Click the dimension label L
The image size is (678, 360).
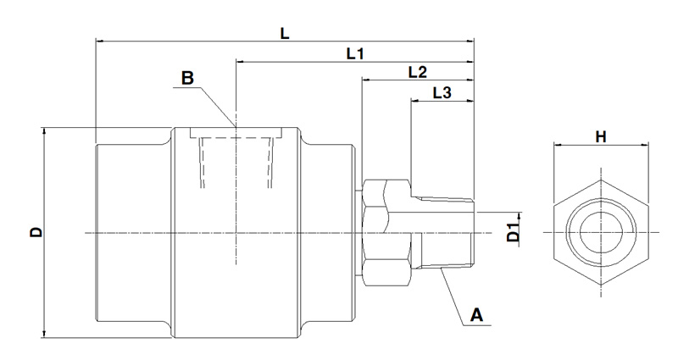click(285, 32)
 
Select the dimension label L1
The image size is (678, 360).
click(354, 53)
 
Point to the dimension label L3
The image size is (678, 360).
click(441, 92)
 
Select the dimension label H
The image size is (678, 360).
click(601, 136)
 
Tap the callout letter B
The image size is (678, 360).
click(187, 78)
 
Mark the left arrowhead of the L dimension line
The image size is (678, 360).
click(99, 40)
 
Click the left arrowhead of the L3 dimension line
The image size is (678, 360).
click(414, 102)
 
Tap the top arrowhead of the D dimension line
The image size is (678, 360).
click(44, 130)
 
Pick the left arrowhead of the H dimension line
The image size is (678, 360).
click(556, 146)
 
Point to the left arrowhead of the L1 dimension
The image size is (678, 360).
click(241, 61)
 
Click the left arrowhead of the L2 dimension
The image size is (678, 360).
click(365, 81)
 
